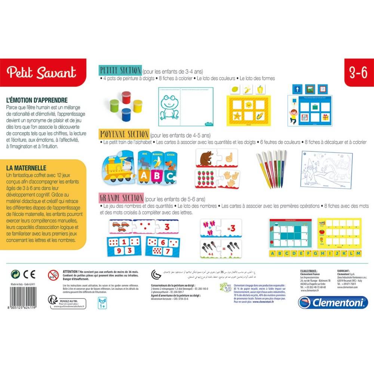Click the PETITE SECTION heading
click(x=120, y=70)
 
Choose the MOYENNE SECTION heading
click(x=123, y=134)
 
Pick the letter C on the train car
click(x=170, y=175)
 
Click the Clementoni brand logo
click(x=332, y=302)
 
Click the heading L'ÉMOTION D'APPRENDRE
click(x=37, y=100)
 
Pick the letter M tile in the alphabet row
click(x=358, y=254)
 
